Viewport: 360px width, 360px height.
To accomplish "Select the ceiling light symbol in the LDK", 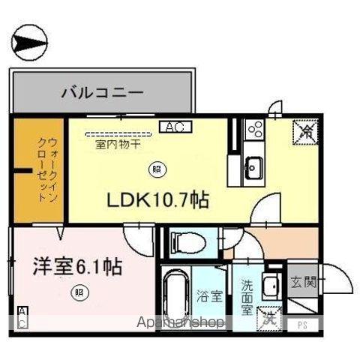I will click(x=156, y=168).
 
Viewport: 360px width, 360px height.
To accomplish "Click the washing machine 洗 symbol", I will click(x=268, y=318).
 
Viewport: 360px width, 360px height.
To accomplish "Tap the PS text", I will click(x=303, y=325).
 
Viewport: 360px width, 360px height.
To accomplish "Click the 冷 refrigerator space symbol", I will click(x=307, y=134).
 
